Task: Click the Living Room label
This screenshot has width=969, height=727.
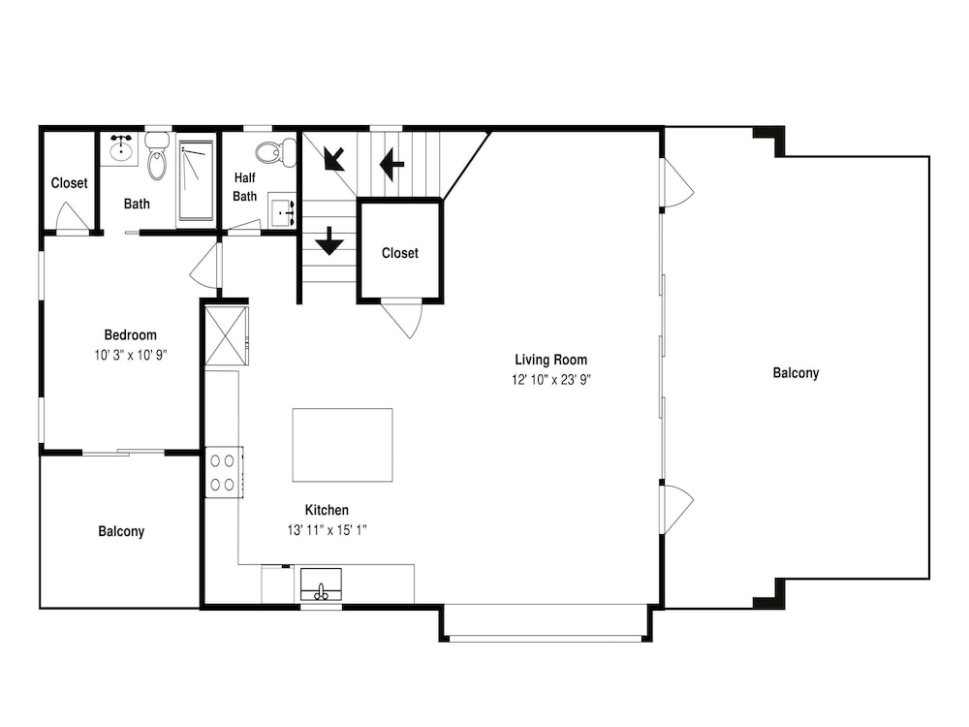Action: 550,360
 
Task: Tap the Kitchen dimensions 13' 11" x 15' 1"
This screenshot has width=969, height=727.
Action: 327,530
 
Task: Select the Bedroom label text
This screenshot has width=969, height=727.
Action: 131,335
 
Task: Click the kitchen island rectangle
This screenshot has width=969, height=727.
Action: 342,445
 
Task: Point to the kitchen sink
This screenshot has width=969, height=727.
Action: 321,585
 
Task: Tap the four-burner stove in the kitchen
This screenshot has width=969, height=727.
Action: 224,472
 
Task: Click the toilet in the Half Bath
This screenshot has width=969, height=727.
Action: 275,152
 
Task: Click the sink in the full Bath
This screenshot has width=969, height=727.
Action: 121,148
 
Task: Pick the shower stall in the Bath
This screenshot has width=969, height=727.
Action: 196,180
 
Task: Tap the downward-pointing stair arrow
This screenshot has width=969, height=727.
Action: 329,240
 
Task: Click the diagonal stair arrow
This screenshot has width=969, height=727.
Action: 334,158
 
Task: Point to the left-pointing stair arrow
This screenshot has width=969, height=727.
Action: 391,164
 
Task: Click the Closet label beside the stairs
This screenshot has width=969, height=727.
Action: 400,253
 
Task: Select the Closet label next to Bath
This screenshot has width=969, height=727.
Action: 69,183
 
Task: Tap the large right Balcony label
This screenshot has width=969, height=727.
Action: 796,373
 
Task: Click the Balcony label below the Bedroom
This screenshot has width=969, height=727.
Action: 121,531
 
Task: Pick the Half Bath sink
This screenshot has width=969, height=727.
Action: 282,211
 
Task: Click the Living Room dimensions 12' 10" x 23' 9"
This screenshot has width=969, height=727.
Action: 551,380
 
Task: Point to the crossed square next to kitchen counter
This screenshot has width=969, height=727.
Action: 226,335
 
